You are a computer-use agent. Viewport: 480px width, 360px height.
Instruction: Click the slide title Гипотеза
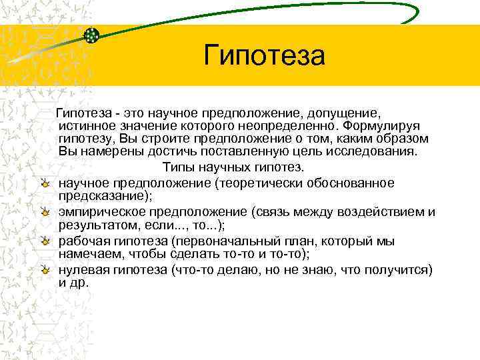coord(265,55)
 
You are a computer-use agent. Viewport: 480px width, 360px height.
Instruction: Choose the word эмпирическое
coord(102,211)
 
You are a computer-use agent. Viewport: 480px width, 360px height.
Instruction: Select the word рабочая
coord(84,240)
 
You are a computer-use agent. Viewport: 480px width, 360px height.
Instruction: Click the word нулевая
coord(84,269)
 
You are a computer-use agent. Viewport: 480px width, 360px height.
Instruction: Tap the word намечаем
coord(90,253)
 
